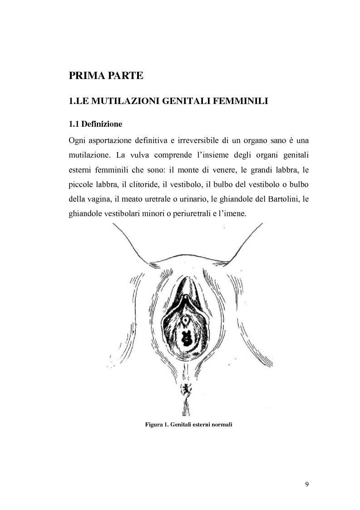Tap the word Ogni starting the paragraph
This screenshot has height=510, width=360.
tap(78, 139)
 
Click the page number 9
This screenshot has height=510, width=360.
tap(307, 485)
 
